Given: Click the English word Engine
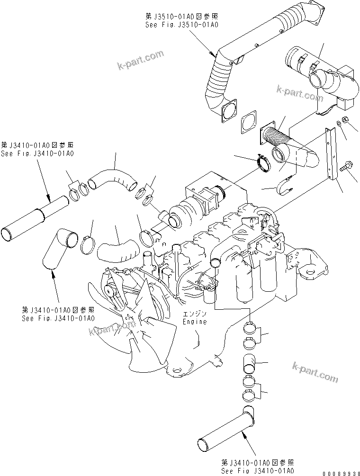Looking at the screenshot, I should [x=195, y=322].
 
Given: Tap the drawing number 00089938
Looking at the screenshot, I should [x=340, y=472].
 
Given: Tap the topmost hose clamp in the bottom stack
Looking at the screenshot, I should [x=252, y=327].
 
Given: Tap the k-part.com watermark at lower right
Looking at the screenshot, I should [x=315, y=372].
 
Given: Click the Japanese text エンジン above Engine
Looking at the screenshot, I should [x=195, y=314].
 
